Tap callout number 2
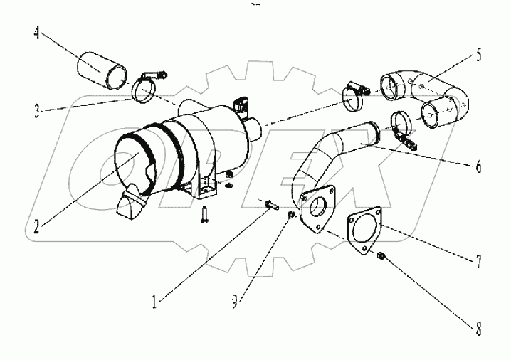pos(37,228)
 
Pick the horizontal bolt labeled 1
pos(270,205)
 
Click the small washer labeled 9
pos(293,214)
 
